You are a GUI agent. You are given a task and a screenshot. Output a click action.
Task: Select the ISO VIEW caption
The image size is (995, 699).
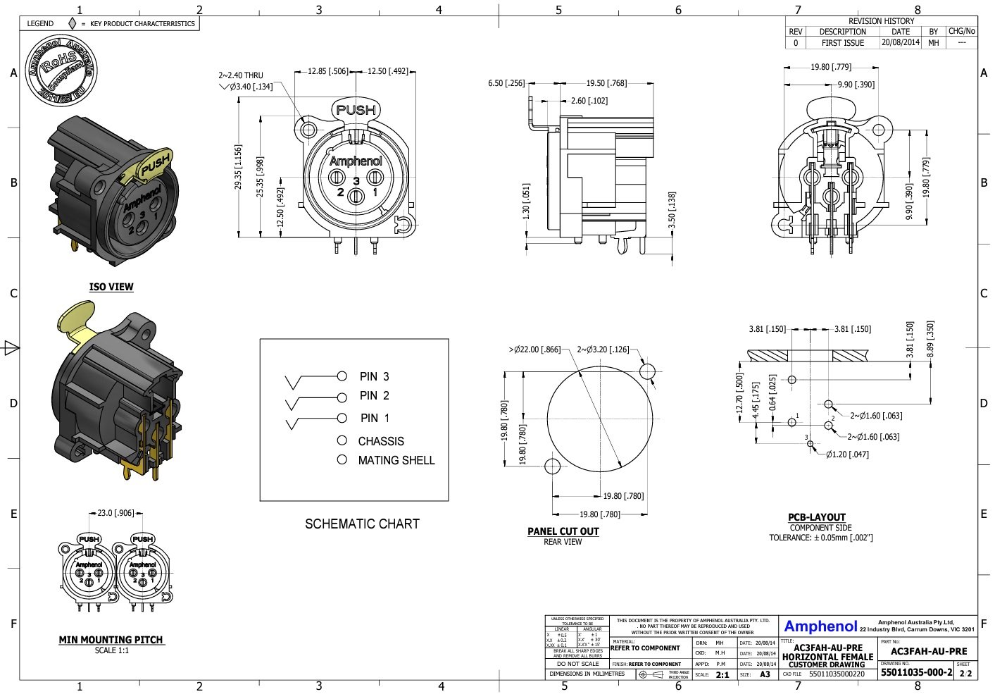(x=111, y=287)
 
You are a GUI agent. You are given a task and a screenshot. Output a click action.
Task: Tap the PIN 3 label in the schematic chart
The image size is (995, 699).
(x=374, y=376)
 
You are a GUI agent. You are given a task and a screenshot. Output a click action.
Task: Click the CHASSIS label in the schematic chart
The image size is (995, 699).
(x=381, y=441)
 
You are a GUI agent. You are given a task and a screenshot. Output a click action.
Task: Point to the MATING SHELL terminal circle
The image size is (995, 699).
(x=342, y=459)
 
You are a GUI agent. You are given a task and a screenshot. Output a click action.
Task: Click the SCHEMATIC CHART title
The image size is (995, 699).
(x=362, y=524)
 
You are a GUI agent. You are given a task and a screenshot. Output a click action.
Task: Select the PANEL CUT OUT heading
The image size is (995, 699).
(x=563, y=531)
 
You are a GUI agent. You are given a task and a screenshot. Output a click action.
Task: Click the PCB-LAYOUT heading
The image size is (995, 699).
(x=816, y=517)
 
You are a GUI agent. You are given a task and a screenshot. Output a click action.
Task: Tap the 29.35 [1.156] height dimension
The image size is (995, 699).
(x=238, y=167)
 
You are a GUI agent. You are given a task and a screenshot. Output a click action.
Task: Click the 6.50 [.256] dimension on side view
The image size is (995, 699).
(x=506, y=83)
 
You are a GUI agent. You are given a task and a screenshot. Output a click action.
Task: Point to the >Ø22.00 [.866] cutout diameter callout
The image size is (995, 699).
(x=534, y=349)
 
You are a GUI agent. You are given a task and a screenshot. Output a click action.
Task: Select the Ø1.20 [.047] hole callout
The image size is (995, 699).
(x=847, y=454)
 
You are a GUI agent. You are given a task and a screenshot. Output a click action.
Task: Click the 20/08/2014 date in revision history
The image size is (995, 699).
(x=900, y=42)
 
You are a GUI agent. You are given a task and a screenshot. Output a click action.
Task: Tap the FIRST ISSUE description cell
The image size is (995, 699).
(x=842, y=42)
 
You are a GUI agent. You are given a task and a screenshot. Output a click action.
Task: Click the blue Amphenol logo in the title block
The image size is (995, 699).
(x=820, y=626)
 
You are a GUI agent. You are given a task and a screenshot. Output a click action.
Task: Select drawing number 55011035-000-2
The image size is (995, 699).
(x=916, y=672)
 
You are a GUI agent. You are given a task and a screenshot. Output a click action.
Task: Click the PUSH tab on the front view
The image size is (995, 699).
(x=356, y=109)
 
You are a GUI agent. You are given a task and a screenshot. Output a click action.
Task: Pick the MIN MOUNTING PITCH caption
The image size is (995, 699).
(x=111, y=640)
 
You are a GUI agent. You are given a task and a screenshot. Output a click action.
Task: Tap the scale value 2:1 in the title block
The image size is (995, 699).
(x=722, y=674)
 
